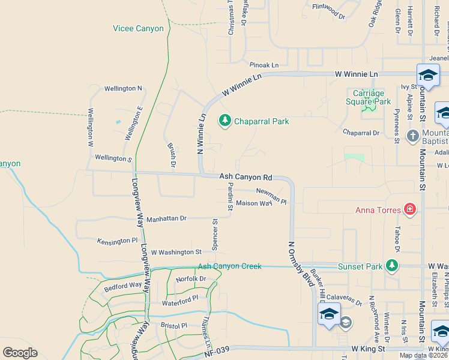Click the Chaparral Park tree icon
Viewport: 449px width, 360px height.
(225, 121)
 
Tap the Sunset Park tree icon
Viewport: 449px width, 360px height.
(392, 265)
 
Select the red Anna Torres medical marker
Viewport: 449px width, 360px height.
(410, 209)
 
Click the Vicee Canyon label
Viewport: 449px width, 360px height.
(138, 28)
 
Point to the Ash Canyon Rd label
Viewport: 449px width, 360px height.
(246, 177)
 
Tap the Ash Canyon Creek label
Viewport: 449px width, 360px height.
(230, 266)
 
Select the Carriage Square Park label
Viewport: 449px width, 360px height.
(368, 97)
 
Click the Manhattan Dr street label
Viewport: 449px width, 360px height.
(166, 218)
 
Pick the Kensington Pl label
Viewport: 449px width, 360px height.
(117, 241)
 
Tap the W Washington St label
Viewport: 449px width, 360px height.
(176, 253)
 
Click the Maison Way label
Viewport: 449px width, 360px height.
(254, 203)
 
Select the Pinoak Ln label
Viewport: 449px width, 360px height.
(265, 65)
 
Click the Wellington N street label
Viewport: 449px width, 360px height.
(123, 88)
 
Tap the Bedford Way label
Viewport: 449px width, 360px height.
(122, 286)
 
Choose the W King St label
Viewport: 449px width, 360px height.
(367, 348)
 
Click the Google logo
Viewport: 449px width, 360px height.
(20, 353)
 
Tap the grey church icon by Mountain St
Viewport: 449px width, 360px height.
(412, 136)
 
